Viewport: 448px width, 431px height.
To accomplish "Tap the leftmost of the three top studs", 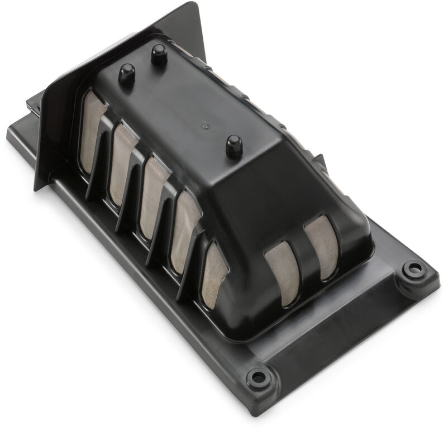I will click(x=127, y=73).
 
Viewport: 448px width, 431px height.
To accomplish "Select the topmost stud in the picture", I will click(x=159, y=54).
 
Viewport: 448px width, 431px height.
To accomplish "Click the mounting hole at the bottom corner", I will click(x=258, y=377).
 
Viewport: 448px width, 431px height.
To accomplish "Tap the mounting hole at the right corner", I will click(x=413, y=270).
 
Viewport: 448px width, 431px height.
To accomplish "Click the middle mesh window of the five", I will click(x=154, y=195).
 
